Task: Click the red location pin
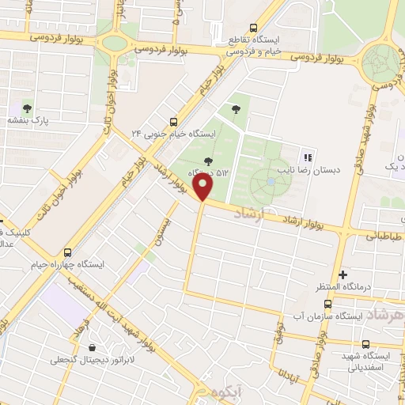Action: pyautogui.click(x=204, y=187)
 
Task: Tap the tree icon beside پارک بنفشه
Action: pyautogui.click(x=28, y=108)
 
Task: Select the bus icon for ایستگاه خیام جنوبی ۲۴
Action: pyautogui.click(x=176, y=121)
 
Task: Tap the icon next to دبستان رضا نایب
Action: pyautogui.click(x=308, y=157)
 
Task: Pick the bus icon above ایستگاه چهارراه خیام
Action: pyautogui.click(x=67, y=252)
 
